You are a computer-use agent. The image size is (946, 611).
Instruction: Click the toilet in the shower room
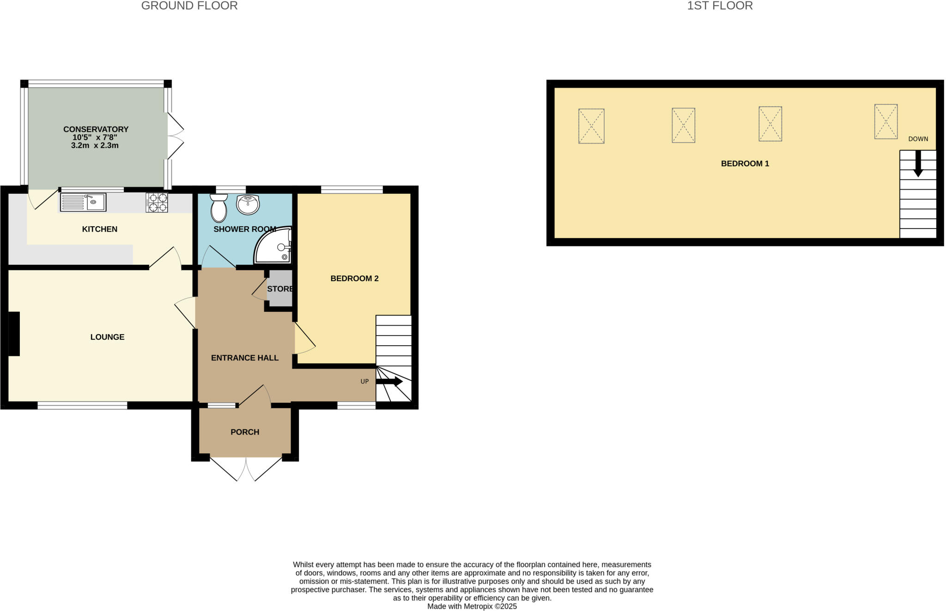[x=218, y=209]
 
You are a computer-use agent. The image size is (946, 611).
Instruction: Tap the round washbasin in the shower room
[x=248, y=204]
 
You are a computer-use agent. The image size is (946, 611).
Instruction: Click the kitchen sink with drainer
[x=83, y=202]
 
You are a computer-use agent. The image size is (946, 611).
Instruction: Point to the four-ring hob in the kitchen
[x=157, y=202]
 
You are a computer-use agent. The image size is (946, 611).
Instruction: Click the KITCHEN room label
[x=100, y=229]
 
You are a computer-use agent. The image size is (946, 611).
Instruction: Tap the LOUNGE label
[x=107, y=337]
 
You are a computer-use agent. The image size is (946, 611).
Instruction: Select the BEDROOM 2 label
[x=354, y=279]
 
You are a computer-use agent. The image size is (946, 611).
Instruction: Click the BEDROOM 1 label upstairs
[x=745, y=164]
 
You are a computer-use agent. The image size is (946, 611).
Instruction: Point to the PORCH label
[x=245, y=432]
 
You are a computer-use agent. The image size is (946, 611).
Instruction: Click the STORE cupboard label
[x=280, y=289]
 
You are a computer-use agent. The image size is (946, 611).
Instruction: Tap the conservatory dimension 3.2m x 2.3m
[x=95, y=146]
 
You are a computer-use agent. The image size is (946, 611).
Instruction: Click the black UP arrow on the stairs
[x=389, y=382]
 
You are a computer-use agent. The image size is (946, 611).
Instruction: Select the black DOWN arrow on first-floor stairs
[x=918, y=164]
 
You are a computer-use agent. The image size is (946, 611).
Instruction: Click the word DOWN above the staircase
[x=918, y=139]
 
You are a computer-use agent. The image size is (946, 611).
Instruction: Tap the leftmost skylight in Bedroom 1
[x=591, y=126]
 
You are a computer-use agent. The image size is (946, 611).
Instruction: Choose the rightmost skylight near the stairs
[x=885, y=121]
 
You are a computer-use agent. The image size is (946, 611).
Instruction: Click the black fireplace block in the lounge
[x=14, y=334]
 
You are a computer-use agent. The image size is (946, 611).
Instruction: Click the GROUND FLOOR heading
[x=189, y=6]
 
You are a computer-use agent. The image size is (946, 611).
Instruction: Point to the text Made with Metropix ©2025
[x=472, y=606]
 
